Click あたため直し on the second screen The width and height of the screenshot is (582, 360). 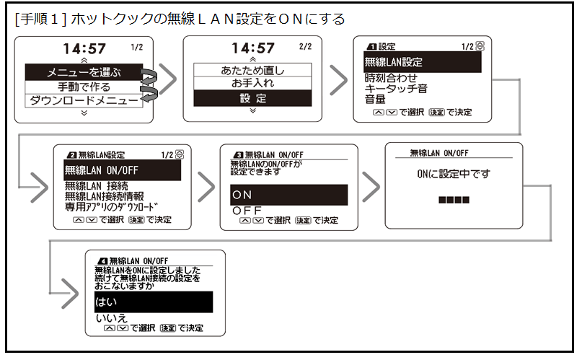coord(252,70)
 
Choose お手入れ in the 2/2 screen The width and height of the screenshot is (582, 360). coord(252,84)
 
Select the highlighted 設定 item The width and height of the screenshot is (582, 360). coord(252,98)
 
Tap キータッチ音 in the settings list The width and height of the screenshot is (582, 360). coord(397,89)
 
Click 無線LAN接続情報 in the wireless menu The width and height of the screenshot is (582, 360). coord(104,196)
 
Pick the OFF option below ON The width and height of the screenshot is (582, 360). coord(246,210)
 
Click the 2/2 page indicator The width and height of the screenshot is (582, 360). coord(304,47)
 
